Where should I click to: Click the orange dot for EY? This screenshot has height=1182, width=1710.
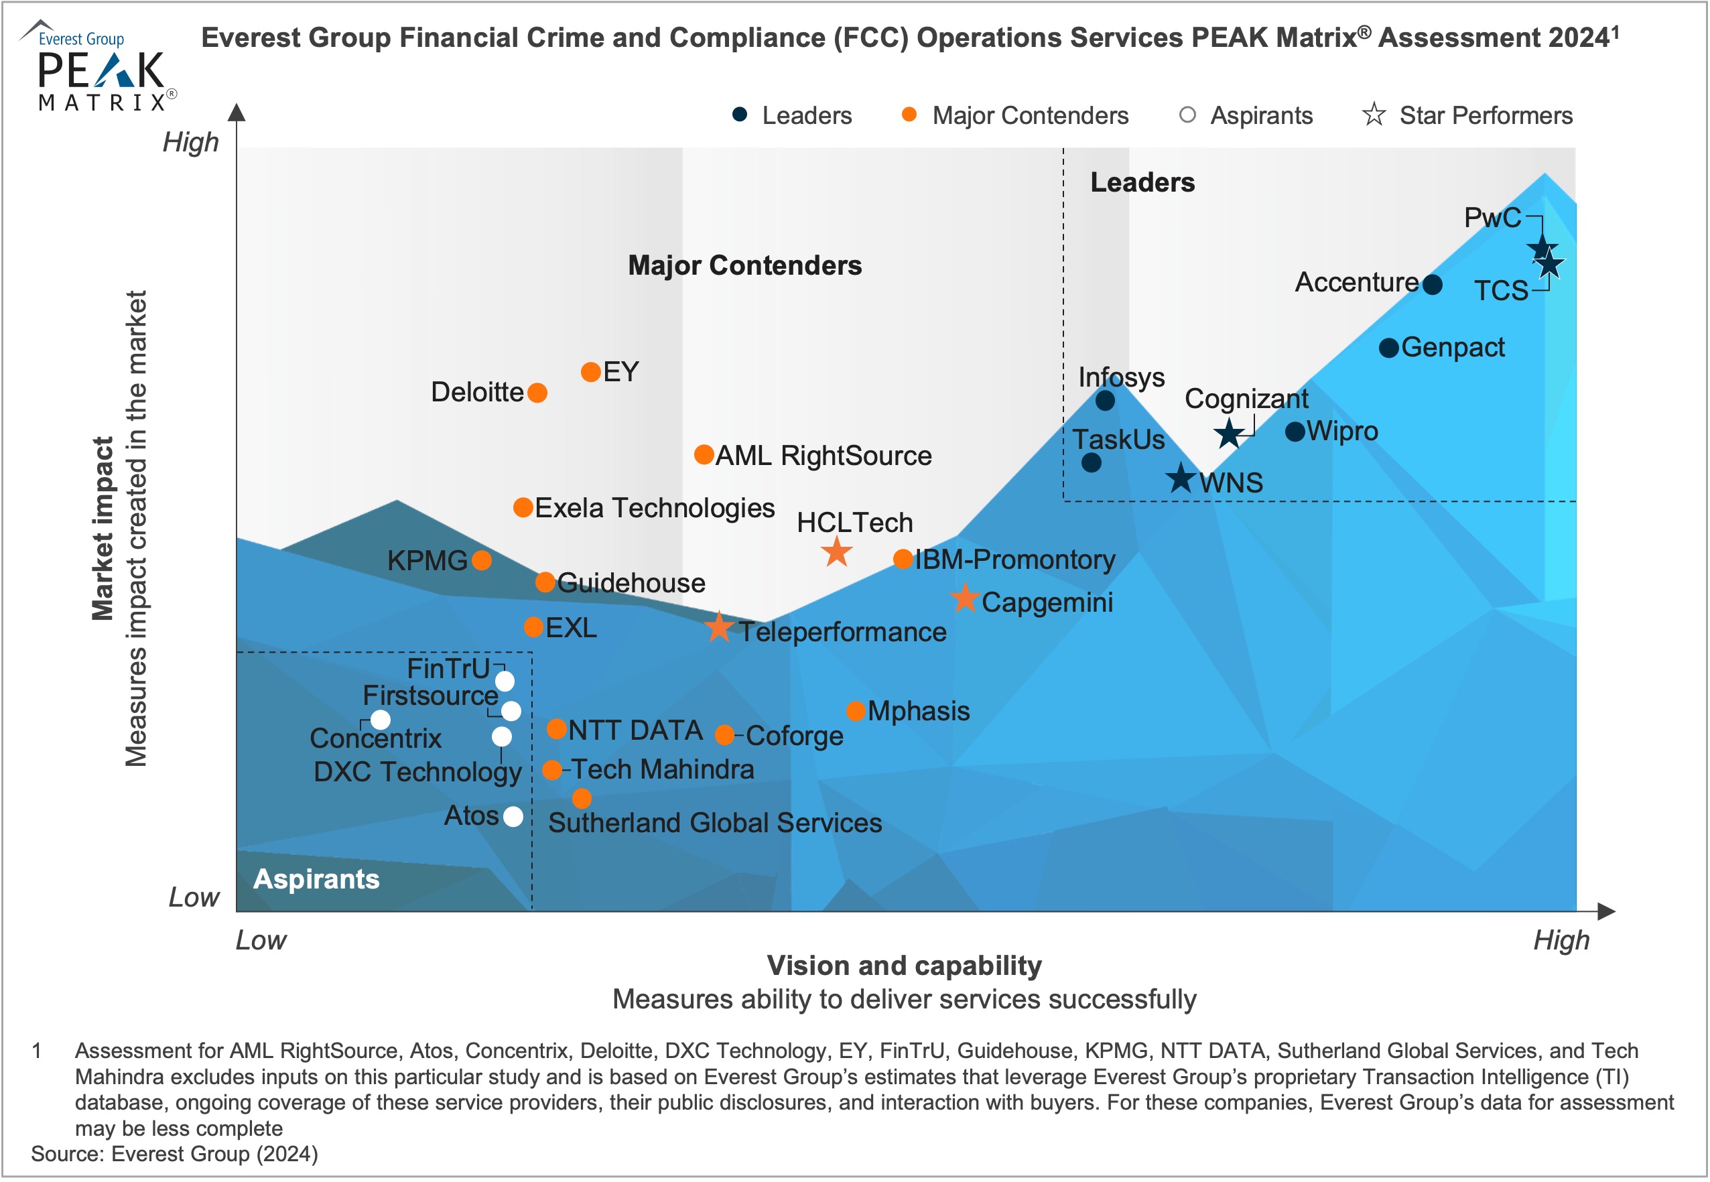tap(590, 372)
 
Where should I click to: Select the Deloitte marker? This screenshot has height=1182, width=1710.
tap(537, 393)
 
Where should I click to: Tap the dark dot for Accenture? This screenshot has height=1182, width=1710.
tap(1433, 284)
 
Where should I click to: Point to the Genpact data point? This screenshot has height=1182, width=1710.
tap(1388, 347)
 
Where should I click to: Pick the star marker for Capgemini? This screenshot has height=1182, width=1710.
tap(965, 598)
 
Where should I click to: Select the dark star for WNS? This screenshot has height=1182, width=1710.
tap(1181, 478)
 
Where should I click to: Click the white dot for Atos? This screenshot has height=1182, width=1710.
tap(513, 816)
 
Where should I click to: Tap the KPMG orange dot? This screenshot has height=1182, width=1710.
tap(481, 560)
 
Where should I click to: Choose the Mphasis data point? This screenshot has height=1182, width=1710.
tap(856, 711)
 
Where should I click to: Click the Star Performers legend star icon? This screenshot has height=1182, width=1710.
tap(1374, 115)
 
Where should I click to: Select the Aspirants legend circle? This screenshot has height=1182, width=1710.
tap(1187, 115)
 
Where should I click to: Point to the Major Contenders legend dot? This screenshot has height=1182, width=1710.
tap(909, 115)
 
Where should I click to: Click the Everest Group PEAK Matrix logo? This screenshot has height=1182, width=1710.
tap(100, 66)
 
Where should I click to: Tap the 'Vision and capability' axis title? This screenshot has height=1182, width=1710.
tap(904, 966)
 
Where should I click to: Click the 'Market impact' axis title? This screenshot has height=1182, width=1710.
tap(103, 528)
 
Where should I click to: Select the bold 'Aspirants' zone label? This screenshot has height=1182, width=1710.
tap(316, 879)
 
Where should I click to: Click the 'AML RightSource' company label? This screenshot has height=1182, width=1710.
tap(823, 456)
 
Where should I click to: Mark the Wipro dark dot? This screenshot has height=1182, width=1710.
tap(1295, 432)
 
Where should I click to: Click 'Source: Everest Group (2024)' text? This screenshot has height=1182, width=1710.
tap(175, 1154)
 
